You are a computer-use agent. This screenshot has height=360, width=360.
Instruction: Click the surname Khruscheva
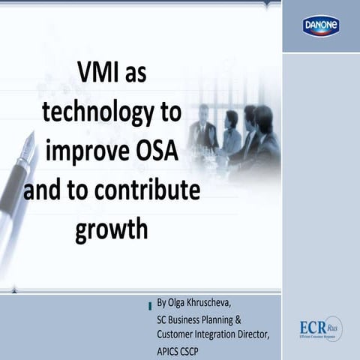tap(212, 304)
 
